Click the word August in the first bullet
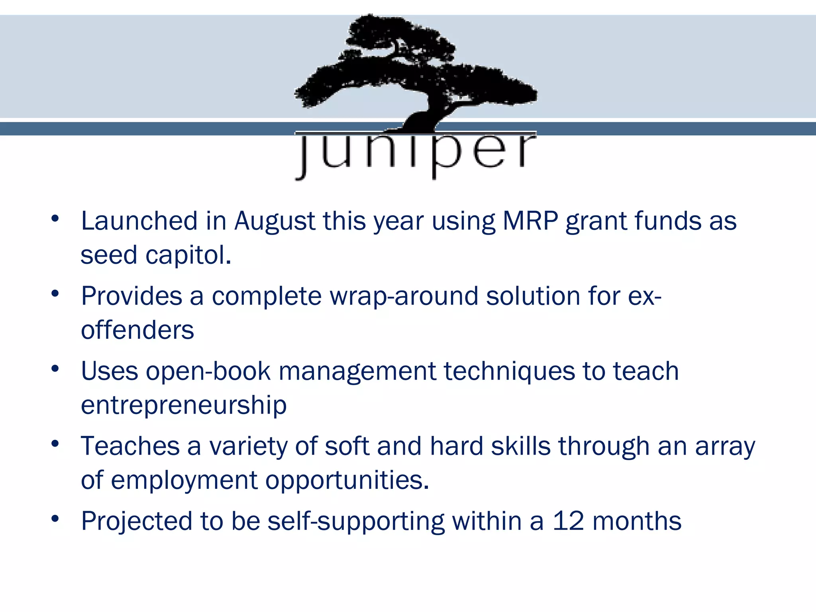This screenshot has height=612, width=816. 275,221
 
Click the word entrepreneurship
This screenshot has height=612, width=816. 184,405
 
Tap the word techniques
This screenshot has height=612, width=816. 509,371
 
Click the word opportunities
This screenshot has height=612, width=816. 347,480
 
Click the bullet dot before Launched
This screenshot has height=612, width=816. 55,218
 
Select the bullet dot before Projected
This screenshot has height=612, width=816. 55,518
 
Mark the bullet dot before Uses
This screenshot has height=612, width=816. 55,369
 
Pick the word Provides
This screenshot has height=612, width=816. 131,296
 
